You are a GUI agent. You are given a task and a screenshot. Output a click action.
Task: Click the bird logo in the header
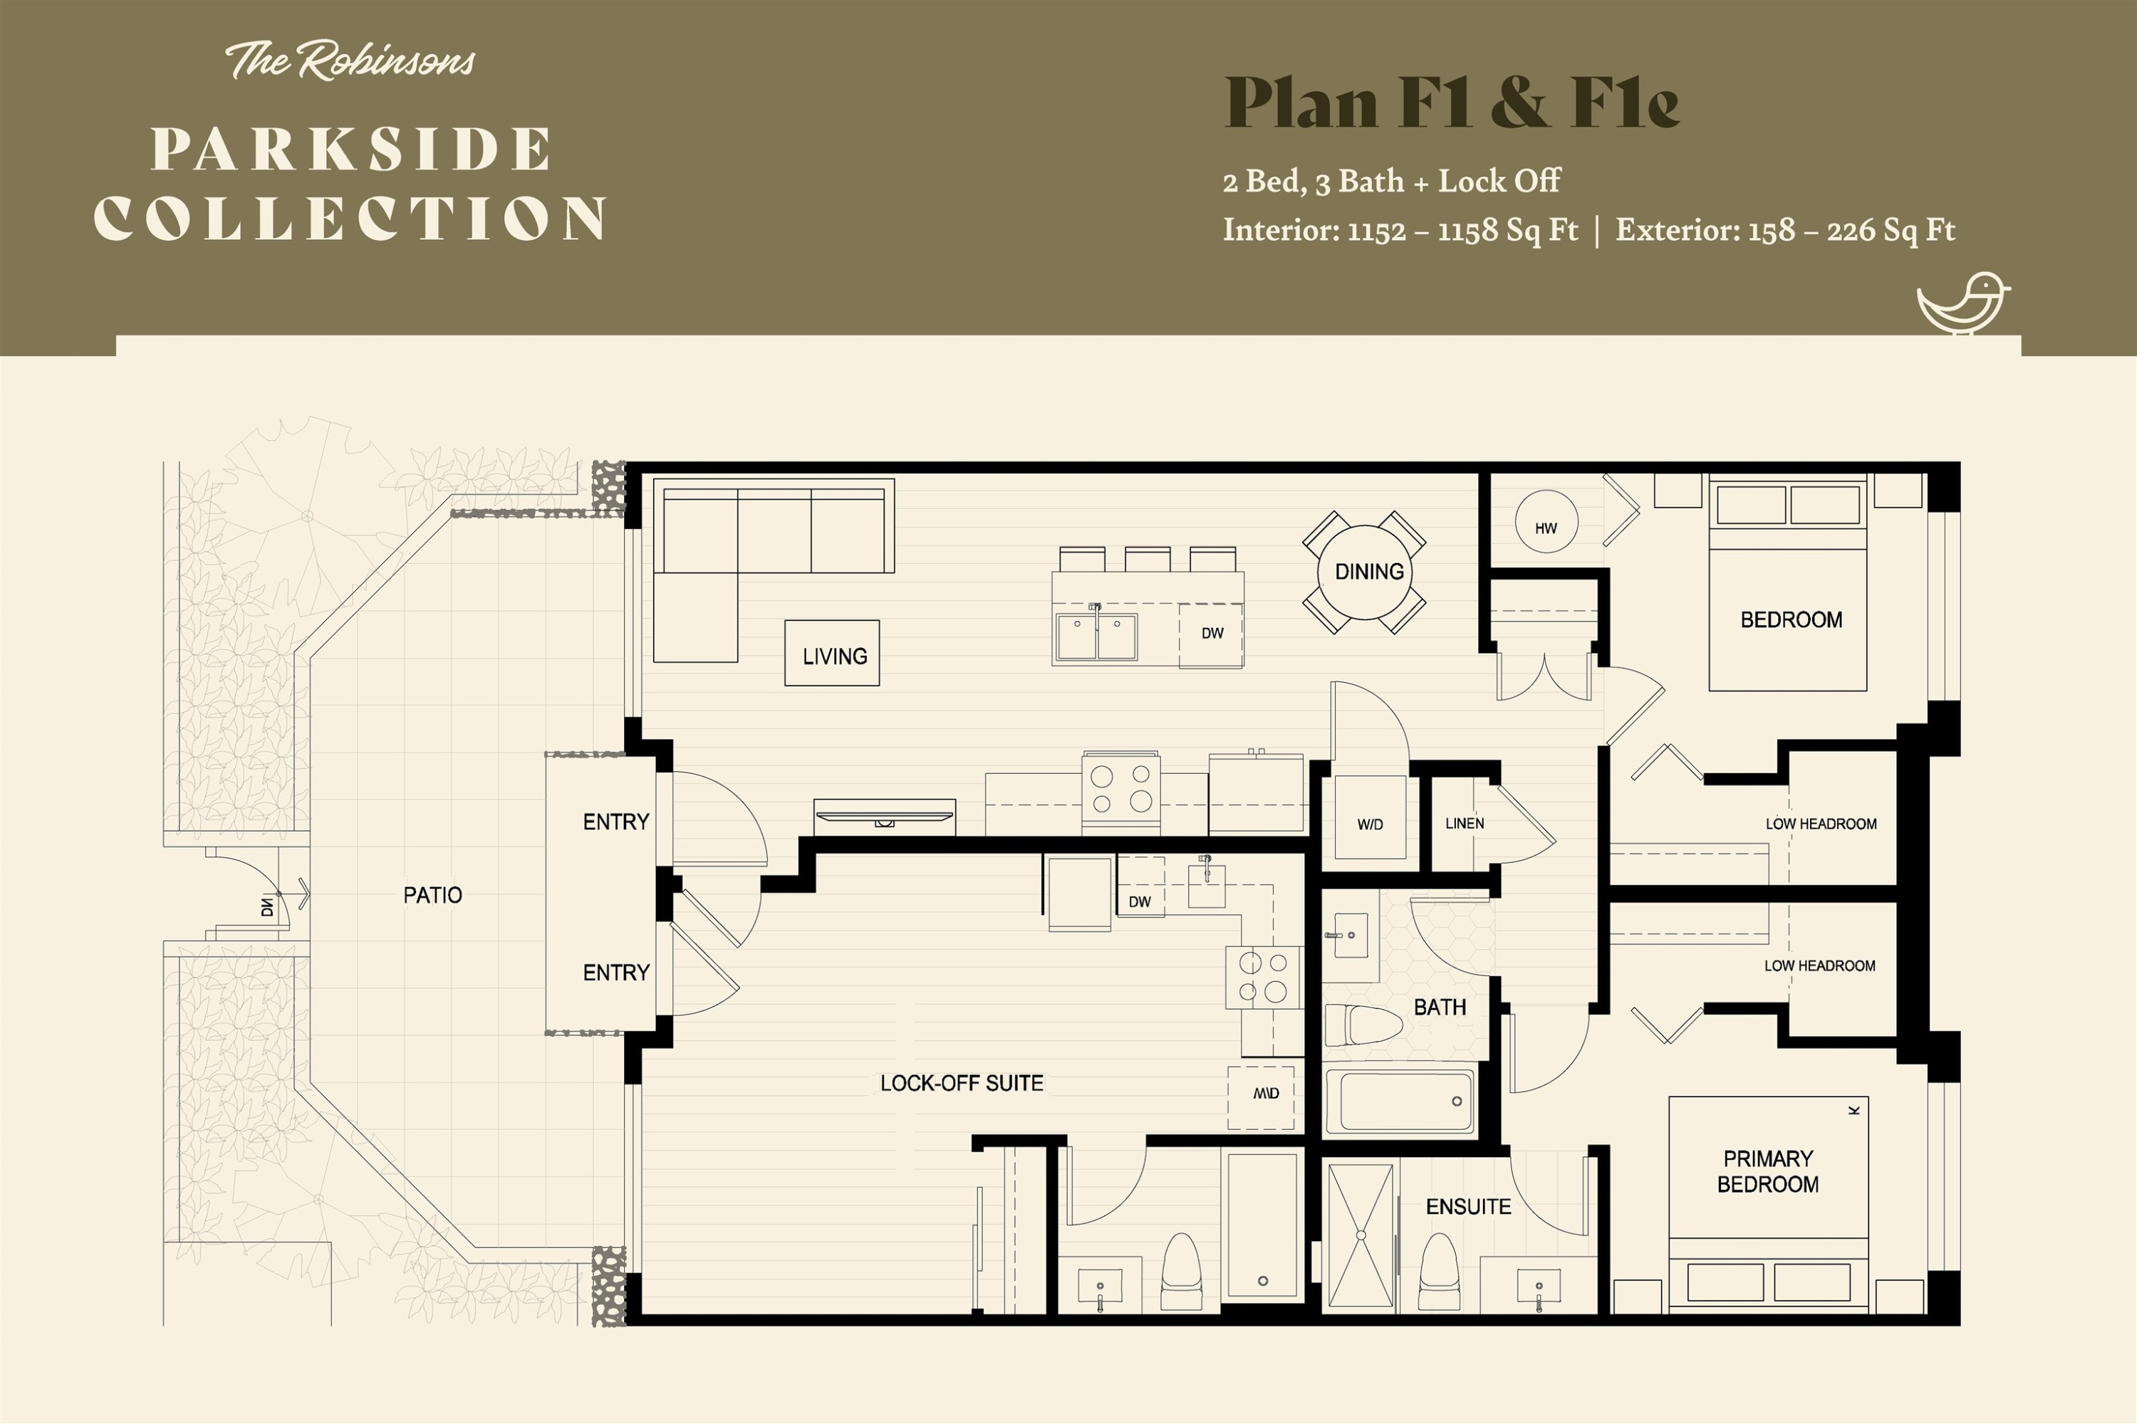click(x=1962, y=303)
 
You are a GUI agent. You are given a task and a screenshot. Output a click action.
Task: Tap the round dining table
click(x=1366, y=572)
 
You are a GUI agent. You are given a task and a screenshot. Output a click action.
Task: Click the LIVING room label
click(x=835, y=656)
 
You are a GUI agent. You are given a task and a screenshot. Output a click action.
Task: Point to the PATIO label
click(x=432, y=896)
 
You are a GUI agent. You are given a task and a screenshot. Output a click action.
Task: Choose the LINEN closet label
click(x=1465, y=824)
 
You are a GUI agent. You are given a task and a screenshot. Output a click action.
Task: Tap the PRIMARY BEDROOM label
click(x=1768, y=1171)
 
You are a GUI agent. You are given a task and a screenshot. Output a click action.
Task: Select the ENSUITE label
click(x=1468, y=1207)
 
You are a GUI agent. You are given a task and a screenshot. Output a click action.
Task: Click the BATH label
click(x=1440, y=1007)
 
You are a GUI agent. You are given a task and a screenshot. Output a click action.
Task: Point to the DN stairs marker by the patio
click(x=267, y=906)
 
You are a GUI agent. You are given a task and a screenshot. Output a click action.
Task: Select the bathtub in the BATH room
click(x=1399, y=1101)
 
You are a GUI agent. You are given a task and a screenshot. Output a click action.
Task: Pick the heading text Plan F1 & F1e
click(x=1452, y=103)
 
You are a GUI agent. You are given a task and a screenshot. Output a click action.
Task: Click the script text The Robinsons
click(x=350, y=61)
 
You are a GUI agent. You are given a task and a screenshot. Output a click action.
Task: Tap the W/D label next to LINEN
click(x=1370, y=824)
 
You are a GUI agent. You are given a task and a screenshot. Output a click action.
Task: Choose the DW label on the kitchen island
click(x=1212, y=633)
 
